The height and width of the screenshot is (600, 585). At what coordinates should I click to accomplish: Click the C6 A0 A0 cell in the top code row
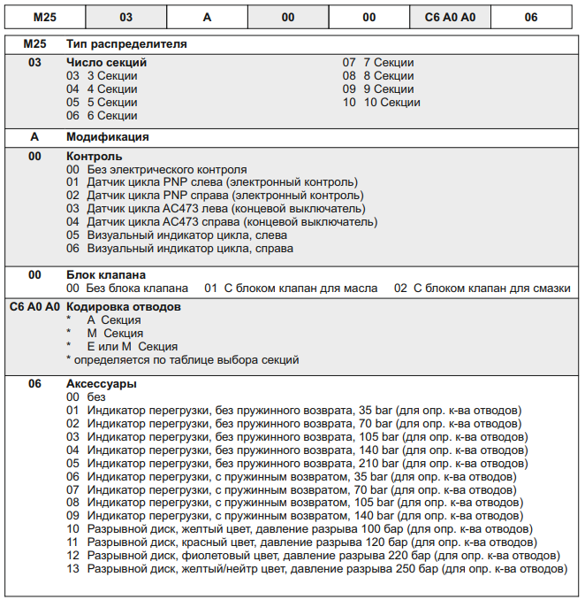click(x=451, y=17)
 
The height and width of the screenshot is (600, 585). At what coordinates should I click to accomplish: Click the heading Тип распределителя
click(x=126, y=43)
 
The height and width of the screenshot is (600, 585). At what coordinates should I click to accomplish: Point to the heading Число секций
click(x=106, y=63)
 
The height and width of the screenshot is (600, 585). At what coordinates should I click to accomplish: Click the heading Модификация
click(x=107, y=137)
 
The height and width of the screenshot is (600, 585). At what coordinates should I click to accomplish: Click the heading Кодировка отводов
click(x=124, y=306)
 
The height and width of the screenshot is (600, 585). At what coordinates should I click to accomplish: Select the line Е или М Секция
click(x=132, y=346)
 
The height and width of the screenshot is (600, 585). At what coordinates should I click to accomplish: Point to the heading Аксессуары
click(x=101, y=384)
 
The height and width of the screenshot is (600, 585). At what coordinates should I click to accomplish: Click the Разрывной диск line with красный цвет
click(x=300, y=542)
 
